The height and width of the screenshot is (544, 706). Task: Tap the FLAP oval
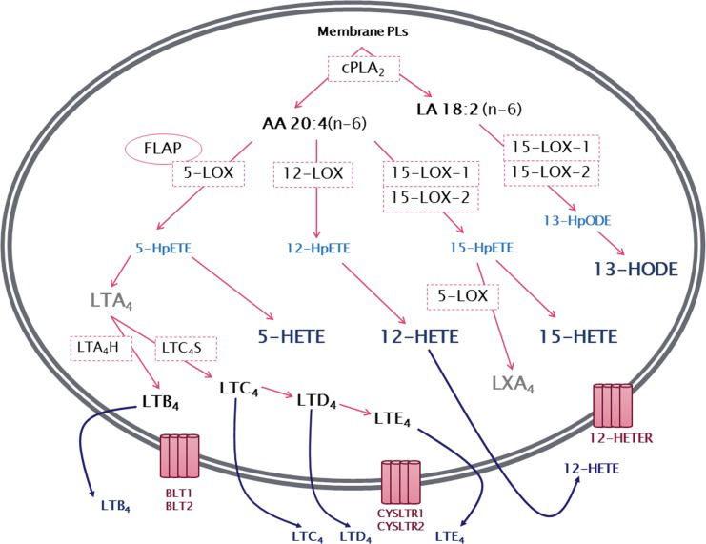(158, 150)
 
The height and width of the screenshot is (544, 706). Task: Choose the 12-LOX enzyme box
(313, 174)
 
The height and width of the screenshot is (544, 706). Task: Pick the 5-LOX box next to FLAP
(208, 173)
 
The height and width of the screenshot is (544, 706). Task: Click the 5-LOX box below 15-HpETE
(463, 296)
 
